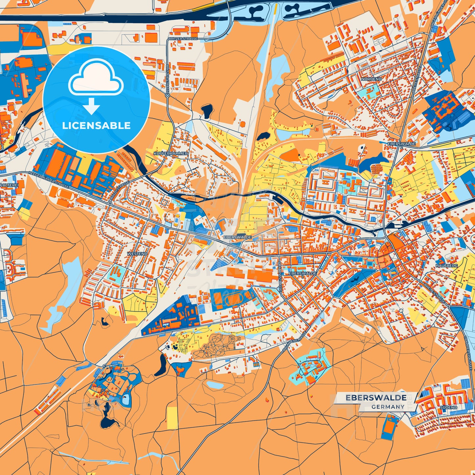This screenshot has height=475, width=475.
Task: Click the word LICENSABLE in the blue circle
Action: (96, 126)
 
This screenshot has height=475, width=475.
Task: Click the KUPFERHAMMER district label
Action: (171, 154)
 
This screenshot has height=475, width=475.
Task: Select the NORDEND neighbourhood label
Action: (371, 79)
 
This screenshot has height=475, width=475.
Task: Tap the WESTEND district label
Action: (137, 254)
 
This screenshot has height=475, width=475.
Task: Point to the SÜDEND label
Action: (448, 407)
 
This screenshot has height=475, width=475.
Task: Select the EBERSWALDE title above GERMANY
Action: (376, 398)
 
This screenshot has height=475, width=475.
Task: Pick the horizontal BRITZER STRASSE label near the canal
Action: (183, 38)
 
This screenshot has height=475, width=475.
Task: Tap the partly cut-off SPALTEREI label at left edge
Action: (9, 185)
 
